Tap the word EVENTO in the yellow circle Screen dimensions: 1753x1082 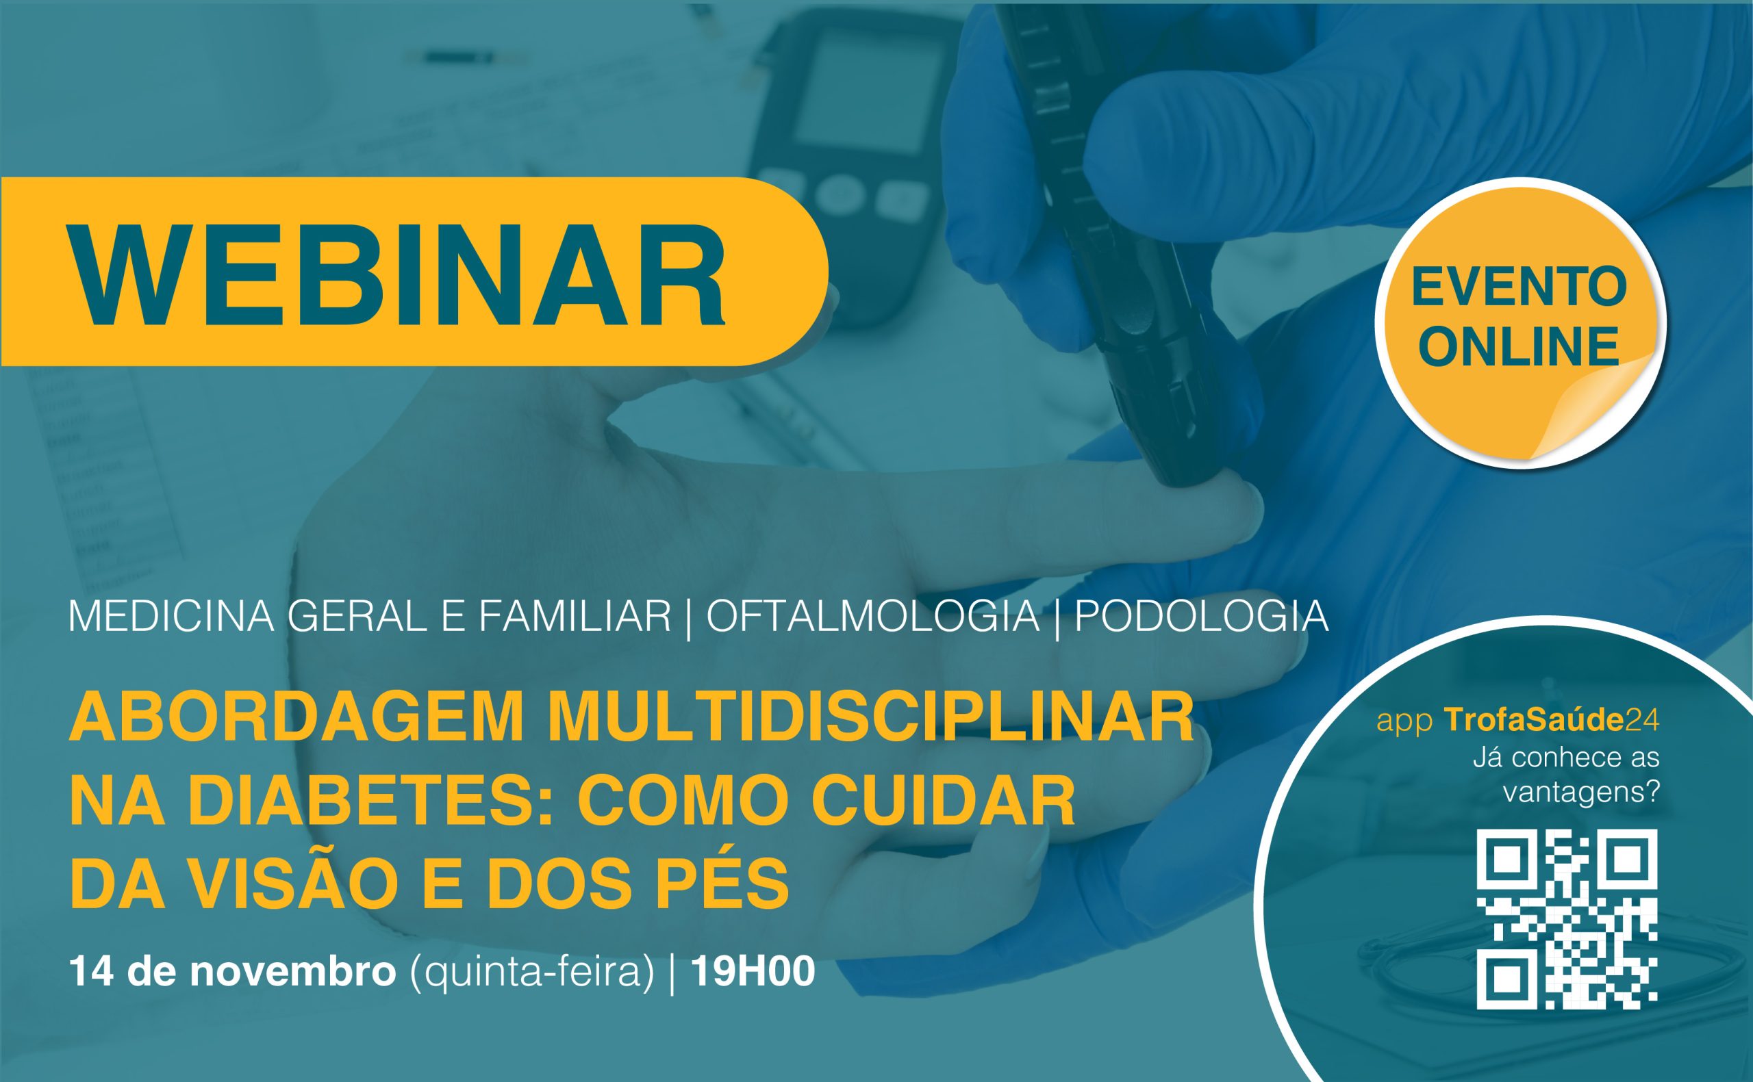(1519, 287)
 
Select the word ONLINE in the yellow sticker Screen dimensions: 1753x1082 (1519, 346)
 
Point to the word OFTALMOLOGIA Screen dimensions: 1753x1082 (872, 615)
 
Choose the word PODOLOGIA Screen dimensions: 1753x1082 (1202, 615)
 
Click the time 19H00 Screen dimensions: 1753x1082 (753, 972)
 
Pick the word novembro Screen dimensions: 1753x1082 (293, 972)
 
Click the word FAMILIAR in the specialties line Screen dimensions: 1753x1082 (575, 615)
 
